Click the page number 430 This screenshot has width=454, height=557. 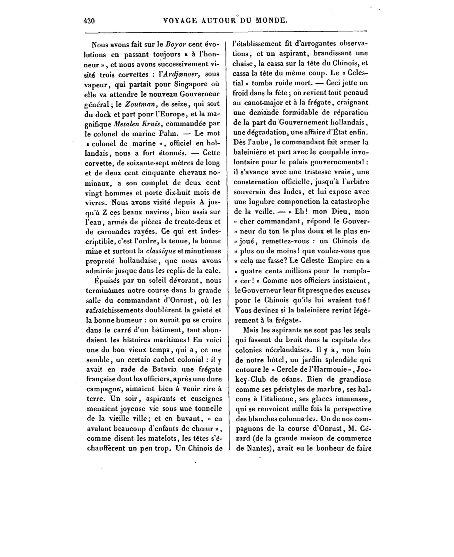click(89, 21)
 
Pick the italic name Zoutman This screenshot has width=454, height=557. click(137, 104)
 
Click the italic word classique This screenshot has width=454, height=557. click(161, 251)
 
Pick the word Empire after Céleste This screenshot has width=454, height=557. click(345, 261)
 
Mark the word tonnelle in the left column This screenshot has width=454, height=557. click(206, 409)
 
